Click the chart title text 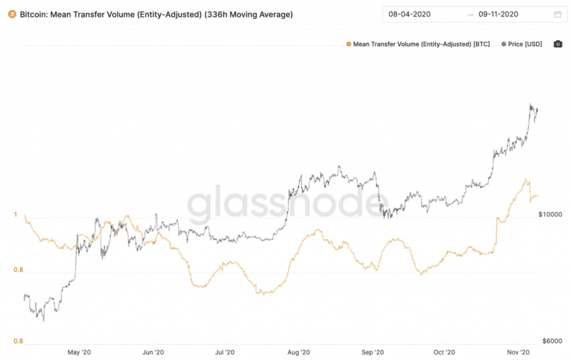point(156,15)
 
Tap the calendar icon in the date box point(557,15)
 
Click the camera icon point(557,44)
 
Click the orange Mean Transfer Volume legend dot point(349,44)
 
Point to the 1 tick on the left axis point(16,215)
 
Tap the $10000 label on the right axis point(550,215)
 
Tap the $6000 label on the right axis point(551,341)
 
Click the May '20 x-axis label point(79,352)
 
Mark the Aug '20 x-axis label point(298,352)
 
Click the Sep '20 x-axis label point(372,352)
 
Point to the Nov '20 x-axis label point(517,352)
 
